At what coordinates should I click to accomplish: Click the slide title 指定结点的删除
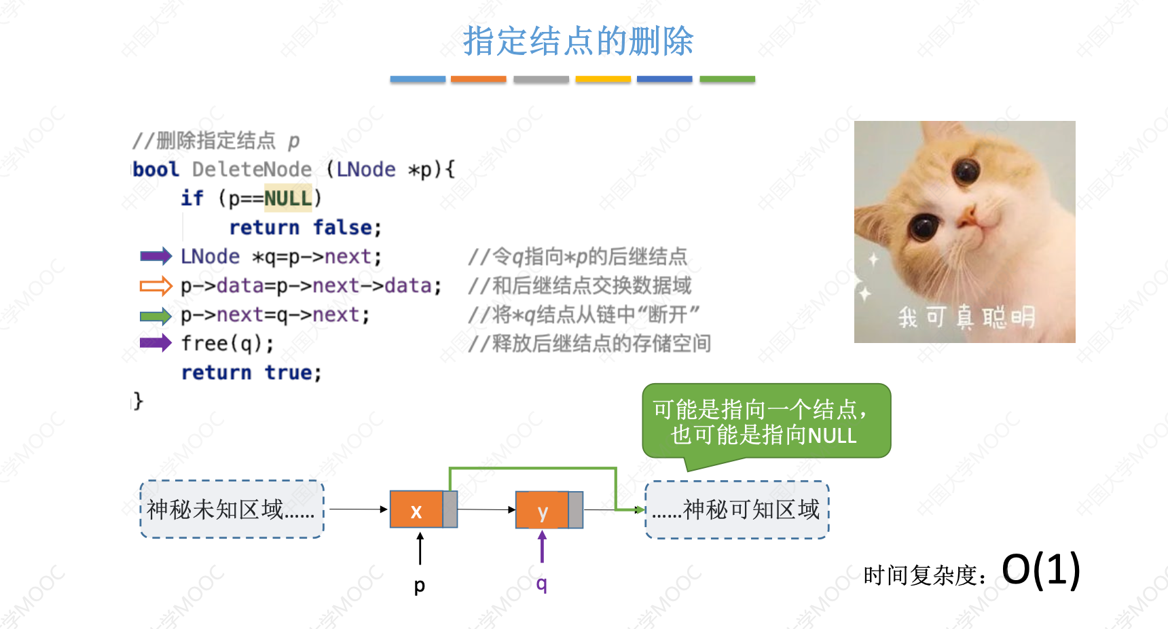[x=578, y=41]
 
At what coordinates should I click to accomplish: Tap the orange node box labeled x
[x=416, y=509]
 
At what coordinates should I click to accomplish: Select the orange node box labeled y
[x=542, y=510]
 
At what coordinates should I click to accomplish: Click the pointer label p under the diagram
[x=420, y=585]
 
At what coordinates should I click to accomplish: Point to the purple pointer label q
[x=541, y=583]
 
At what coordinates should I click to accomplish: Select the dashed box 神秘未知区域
[x=232, y=509]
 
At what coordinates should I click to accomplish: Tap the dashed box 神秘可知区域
[x=737, y=509]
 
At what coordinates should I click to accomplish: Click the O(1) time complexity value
[x=1040, y=569]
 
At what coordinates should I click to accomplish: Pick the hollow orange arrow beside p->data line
[x=156, y=286]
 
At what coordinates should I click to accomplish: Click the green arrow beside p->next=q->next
[x=156, y=316]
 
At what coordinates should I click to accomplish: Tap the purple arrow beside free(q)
[x=156, y=343]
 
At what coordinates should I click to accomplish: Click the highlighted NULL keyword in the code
[x=288, y=198]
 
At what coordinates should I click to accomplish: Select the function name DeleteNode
[x=252, y=169]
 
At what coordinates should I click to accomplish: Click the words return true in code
[x=251, y=372]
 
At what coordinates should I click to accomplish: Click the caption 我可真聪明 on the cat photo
[x=966, y=317]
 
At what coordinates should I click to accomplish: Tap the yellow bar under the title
[x=603, y=79]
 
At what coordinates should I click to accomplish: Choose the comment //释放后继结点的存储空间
[x=589, y=344]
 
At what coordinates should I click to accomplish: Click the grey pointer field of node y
[x=575, y=510]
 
